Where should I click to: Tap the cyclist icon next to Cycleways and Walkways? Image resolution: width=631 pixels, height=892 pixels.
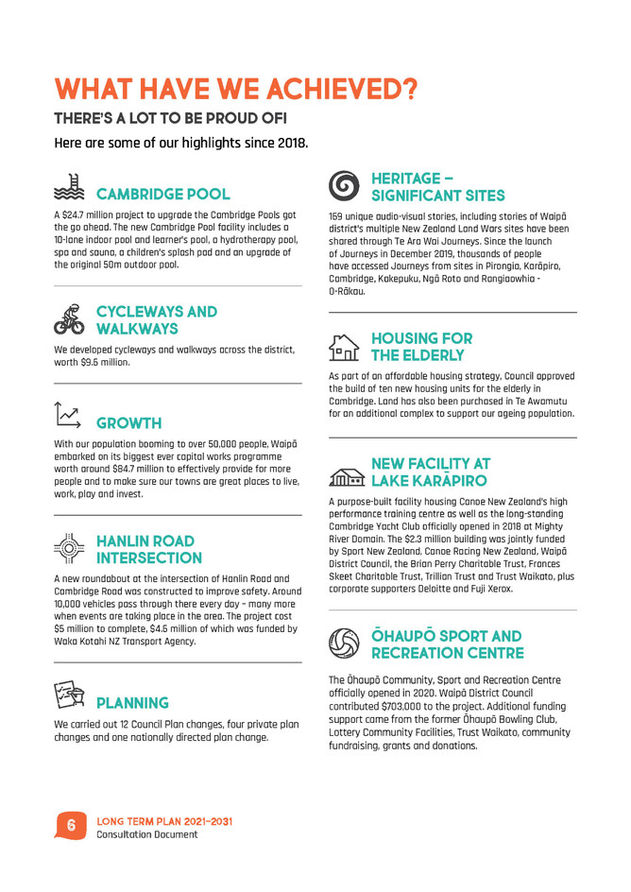point(69,319)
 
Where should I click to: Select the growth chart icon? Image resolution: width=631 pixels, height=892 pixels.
point(69,415)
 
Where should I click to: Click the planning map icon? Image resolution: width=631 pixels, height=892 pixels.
point(69,696)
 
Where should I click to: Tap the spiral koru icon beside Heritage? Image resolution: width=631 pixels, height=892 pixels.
point(345,186)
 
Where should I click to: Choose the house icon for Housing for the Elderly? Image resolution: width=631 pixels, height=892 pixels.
point(344,347)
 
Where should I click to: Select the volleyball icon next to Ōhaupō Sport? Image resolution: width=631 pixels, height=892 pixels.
point(344,643)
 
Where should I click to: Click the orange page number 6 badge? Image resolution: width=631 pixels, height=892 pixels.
point(71,826)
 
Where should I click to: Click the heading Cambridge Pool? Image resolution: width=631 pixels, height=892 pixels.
point(162,195)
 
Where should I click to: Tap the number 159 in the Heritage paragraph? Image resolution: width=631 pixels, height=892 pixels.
point(337,216)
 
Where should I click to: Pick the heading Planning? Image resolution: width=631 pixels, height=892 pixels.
point(132,703)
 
